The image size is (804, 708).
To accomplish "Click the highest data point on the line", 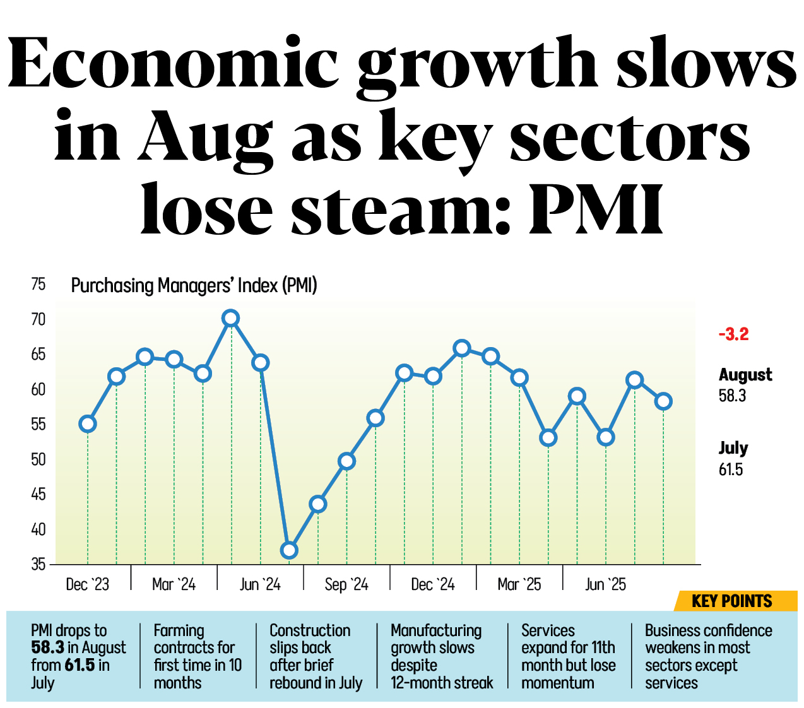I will pyautogui.click(x=231, y=318).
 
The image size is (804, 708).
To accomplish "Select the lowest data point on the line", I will pyautogui.click(x=289, y=550).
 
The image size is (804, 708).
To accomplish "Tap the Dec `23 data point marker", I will pyautogui.click(x=88, y=423).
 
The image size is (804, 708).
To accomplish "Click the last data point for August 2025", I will pyautogui.click(x=663, y=401).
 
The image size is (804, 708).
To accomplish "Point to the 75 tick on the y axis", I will pyautogui.click(x=38, y=285).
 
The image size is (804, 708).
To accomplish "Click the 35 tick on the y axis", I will pyautogui.click(x=38, y=564).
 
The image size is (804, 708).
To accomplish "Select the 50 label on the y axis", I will pyautogui.click(x=38, y=459).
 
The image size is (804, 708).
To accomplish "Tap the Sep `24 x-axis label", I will pyautogui.click(x=346, y=585).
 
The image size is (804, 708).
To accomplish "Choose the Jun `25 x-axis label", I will pyautogui.click(x=605, y=585).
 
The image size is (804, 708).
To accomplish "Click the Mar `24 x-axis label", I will pyautogui.click(x=174, y=585).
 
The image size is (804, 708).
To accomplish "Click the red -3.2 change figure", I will pyautogui.click(x=733, y=334).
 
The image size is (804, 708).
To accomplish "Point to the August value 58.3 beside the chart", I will pyautogui.click(x=732, y=396).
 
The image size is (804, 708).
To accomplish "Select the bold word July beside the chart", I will pyautogui.click(x=733, y=448).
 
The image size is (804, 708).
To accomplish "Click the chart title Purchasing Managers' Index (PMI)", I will pyautogui.click(x=194, y=286).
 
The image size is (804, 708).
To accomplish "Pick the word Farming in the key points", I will pyautogui.click(x=179, y=630).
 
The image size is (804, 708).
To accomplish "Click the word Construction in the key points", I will pyautogui.click(x=310, y=630).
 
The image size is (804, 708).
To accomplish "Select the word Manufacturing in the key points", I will pyautogui.click(x=436, y=630).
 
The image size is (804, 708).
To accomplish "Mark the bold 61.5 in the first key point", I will pyautogui.click(x=80, y=665).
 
